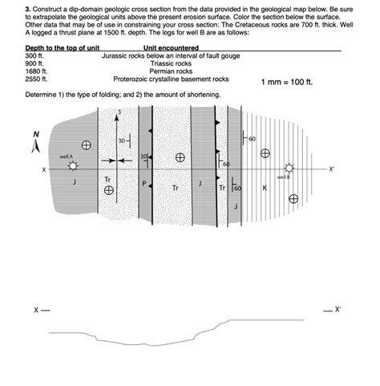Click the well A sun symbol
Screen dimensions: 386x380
pyautogui.click(x=74, y=166)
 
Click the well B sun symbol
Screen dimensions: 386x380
pyautogui.click(x=289, y=169)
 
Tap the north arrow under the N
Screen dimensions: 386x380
pyautogui.click(x=34, y=147)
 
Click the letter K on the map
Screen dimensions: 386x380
pyautogui.click(x=265, y=188)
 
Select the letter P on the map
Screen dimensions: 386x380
pyautogui.click(x=144, y=184)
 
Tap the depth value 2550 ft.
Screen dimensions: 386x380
pyautogui.click(x=37, y=79)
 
